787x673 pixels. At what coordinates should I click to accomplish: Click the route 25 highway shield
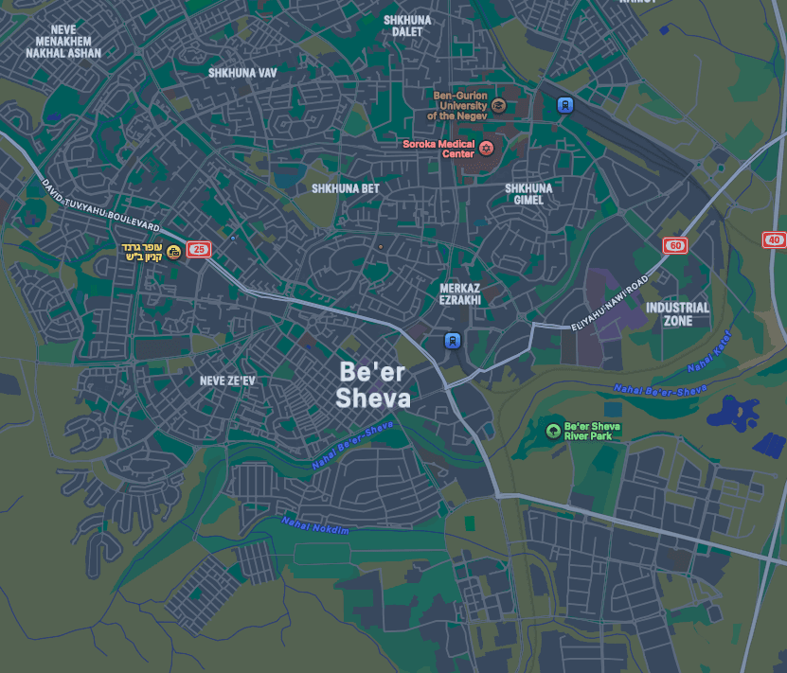click(x=198, y=250)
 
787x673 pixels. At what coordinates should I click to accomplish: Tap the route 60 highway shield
click(x=674, y=246)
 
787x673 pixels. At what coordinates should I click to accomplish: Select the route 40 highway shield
click(x=774, y=240)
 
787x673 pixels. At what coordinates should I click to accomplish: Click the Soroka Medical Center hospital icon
click(x=488, y=149)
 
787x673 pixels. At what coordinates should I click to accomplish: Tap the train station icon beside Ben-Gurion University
click(x=565, y=105)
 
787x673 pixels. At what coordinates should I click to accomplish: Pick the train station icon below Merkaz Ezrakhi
click(x=454, y=340)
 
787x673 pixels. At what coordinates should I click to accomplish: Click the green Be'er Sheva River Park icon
click(x=553, y=431)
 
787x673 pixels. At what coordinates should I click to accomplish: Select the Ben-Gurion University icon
click(x=498, y=105)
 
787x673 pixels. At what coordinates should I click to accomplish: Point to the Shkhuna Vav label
click(x=242, y=72)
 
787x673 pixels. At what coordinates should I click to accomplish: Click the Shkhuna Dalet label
click(x=407, y=26)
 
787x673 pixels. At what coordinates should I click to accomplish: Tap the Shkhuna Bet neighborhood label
click(x=346, y=188)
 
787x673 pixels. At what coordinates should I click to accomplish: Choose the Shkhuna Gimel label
click(x=528, y=194)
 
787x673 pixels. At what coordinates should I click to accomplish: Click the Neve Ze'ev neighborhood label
click(x=227, y=381)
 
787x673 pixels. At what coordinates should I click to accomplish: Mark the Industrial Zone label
click(x=677, y=314)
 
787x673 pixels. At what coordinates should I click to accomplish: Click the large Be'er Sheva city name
click(x=374, y=384)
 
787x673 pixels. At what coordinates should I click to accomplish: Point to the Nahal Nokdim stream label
click(x=315, y=526)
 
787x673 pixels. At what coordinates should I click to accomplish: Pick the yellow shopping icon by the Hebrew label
click(x=173, y=251)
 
